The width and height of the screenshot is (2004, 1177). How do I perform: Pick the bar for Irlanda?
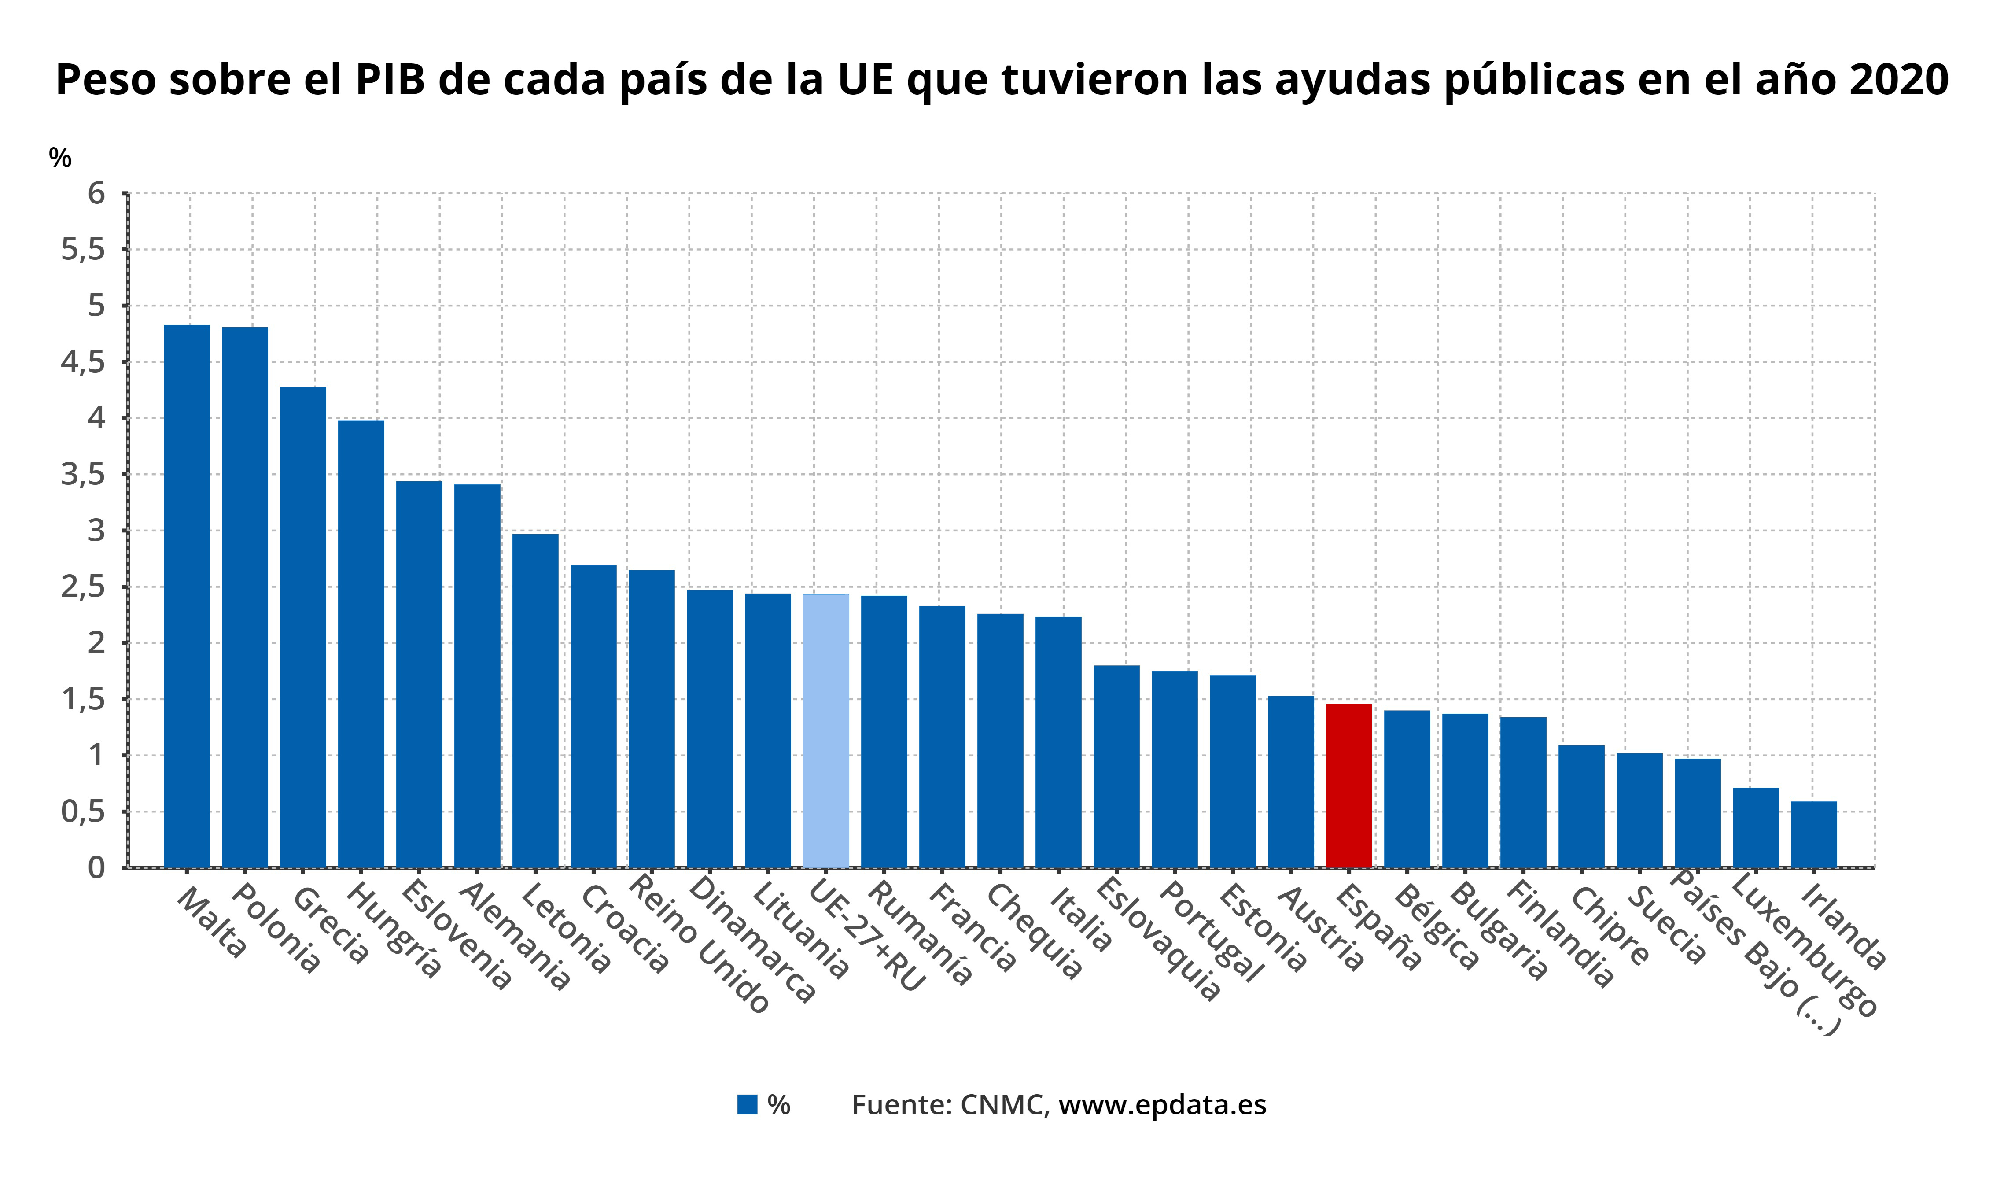click(1814, 834)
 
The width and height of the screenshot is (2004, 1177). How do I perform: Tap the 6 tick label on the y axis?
click(96, 193)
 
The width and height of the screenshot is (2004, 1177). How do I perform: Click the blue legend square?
click(747, 1105)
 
